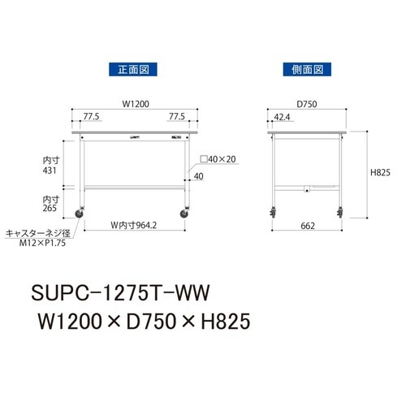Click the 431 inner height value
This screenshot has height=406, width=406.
[50, 171]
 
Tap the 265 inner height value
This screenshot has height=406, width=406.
[50, 208]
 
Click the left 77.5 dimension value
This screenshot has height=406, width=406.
[92, 117]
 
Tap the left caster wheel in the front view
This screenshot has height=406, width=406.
[81, 214]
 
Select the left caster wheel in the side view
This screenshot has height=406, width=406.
[270, 214]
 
